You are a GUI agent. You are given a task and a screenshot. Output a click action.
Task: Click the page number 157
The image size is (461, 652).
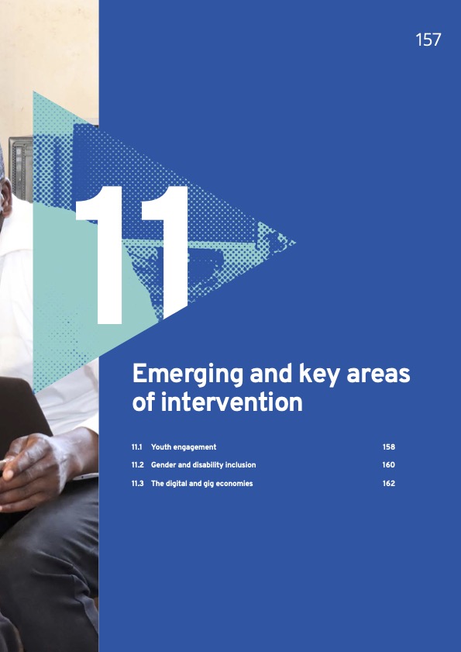[428, 40]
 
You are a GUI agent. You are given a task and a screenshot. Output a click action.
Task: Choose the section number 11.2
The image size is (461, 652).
[139, 465]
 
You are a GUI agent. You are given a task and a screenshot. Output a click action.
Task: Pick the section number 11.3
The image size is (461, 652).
[139, 484]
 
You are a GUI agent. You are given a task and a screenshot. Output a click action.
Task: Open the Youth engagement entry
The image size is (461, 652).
[184, 447]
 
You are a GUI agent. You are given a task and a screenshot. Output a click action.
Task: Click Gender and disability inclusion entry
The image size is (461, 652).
[203, 465]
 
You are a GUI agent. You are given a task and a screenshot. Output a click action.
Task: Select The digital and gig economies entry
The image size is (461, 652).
[201, 484]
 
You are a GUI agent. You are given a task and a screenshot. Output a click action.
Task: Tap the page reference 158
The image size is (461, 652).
[389, 447]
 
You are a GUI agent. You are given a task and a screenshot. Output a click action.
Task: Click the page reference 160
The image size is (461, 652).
[389, 465]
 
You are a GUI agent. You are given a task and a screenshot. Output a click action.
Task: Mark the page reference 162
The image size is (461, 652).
[389, 484]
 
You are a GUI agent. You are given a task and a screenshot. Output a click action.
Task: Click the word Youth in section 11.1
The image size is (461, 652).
[161, 447]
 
